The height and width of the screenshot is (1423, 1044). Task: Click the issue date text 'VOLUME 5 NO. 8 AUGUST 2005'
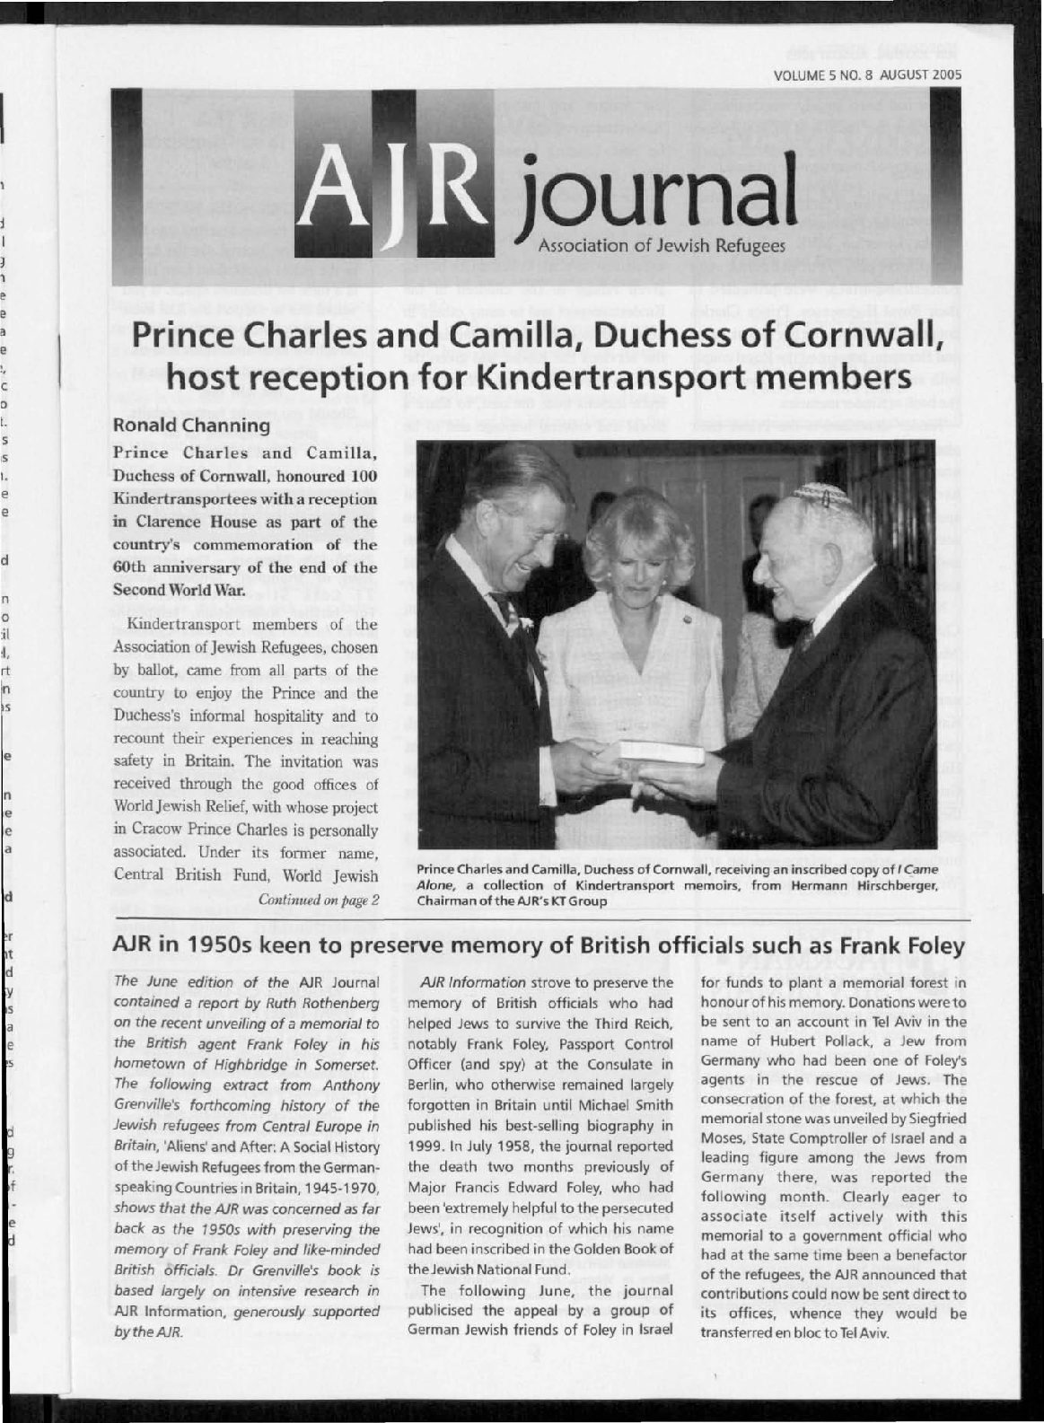866,75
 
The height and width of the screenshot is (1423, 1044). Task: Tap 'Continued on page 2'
318,900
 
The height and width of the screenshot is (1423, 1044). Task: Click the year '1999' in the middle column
426,1146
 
